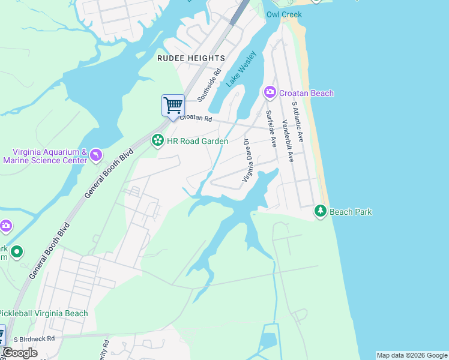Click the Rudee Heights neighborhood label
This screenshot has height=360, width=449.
(x=191, y=58)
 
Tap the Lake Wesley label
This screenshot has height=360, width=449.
(x=242, y=70)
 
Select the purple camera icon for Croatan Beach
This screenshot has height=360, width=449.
(x=270, y=92)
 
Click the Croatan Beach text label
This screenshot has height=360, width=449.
(x=306, y=93)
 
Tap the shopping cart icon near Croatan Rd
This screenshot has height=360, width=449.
(x=173, y=105)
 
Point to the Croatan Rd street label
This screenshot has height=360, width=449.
(x=196, y=119)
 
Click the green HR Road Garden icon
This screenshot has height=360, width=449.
(x=157, y=141)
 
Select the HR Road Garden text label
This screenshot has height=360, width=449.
(x=197, y=141)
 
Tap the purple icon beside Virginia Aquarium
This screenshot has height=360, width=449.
(x=96, y=156)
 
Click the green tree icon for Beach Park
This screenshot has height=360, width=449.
(x=321, y=211)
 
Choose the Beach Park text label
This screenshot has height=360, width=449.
(x=351, y=212)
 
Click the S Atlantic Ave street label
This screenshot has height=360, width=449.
(x=298, y=122)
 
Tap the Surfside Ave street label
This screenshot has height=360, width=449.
(x=271, y=129)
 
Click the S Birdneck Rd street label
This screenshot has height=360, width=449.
(x=34, y=339)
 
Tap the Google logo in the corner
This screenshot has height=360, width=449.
(x=20, y=353)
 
